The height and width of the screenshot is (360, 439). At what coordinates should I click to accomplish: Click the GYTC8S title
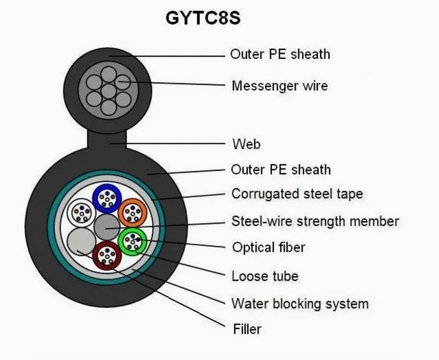(203, 19)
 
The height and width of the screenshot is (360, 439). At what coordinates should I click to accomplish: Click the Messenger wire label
(280, 85)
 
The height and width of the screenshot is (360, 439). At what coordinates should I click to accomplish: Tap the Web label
(246, 143)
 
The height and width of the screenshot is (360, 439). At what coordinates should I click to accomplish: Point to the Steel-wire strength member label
(315, 222)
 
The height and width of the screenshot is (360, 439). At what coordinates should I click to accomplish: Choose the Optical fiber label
(268, 247)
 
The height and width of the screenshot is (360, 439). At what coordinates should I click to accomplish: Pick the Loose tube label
(265, 277)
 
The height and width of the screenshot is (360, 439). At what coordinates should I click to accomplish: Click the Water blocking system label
(299, 303)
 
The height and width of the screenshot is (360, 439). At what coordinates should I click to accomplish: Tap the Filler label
(246, 329)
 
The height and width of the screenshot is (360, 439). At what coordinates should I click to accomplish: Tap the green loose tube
(132, 241)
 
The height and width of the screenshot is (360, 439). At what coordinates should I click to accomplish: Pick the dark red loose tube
(106, 256)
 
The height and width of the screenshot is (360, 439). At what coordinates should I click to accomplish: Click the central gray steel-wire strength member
(107, 227)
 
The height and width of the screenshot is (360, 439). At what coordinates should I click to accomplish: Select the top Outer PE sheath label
(280, 54)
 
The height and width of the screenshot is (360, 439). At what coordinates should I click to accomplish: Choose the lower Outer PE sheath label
(281, 170)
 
